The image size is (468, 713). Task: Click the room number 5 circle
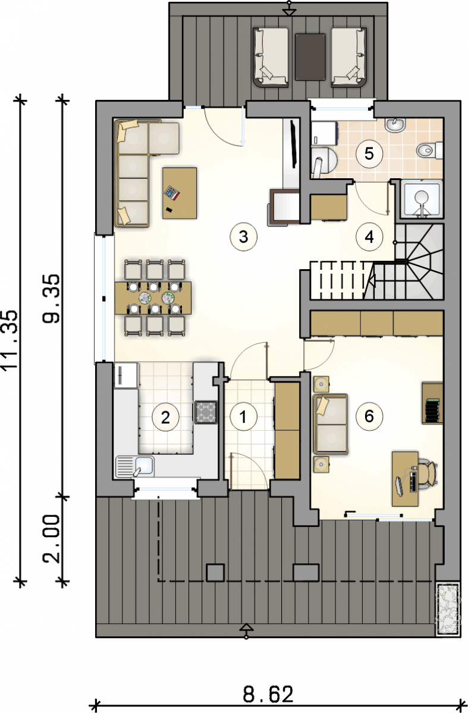point(369,154)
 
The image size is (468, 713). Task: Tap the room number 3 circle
point(243,237)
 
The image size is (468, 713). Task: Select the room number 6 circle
point(369,416)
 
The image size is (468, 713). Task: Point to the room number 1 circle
point(243,417)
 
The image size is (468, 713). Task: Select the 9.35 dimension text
point(51,299)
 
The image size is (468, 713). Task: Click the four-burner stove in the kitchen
point(206,412)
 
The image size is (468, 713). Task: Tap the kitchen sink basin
point(144,466)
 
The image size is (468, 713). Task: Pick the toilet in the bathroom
point(430,150)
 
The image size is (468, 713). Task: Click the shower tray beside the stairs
point(422,199)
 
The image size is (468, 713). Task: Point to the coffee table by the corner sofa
point(180,193)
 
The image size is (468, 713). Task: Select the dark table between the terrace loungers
point(310,56)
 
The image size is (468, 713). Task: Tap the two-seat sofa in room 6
point(331,424)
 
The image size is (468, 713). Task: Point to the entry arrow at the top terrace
point(289,8)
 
